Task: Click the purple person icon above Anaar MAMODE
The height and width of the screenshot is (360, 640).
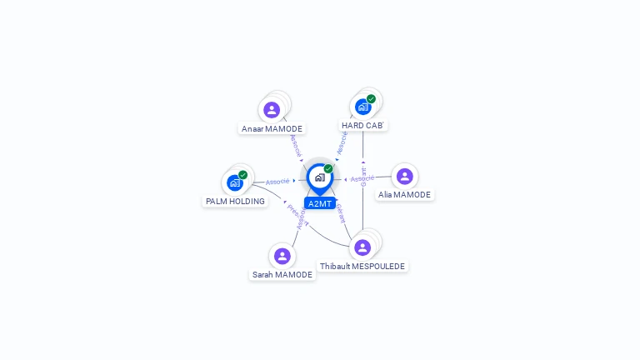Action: [x=272, y=110]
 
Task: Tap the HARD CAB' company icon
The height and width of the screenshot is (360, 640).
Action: [x=362, y=107]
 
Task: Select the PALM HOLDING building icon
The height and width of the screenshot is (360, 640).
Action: [x=235, y=182]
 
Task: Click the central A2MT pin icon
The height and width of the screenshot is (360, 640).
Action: [x=319, y=177]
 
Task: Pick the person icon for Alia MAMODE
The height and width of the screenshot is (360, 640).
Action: [x=404, y=176]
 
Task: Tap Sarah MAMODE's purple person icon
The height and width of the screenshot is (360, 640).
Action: [x=282, y=256]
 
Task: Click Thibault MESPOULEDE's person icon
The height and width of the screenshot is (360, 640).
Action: [x=362, y=247]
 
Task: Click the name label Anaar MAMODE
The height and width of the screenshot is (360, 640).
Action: [x=272, y=129]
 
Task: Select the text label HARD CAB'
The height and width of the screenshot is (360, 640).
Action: [x=363, y=126]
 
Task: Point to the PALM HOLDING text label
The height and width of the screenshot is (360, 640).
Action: [x=235, y=202]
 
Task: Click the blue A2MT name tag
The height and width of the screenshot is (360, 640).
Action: [x=320, y=203]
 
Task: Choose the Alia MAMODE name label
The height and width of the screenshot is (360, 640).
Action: [x=404, y=195]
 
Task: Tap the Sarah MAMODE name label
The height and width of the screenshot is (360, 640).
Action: [x=282, y=275]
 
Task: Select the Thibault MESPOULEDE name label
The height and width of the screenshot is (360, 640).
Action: [x=362, y=267]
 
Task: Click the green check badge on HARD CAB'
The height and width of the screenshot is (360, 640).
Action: [x=371, y=99]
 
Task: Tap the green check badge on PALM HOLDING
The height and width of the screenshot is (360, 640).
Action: [x=242, y=175]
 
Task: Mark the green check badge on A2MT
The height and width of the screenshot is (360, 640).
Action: [x=328, y=169]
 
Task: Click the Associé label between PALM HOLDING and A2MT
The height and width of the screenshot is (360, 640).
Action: [x=277, y=181]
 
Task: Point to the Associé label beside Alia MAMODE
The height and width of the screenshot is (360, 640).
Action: [x=362, y=178]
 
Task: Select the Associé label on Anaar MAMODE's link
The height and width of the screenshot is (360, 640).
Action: [x=295, y=145]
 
